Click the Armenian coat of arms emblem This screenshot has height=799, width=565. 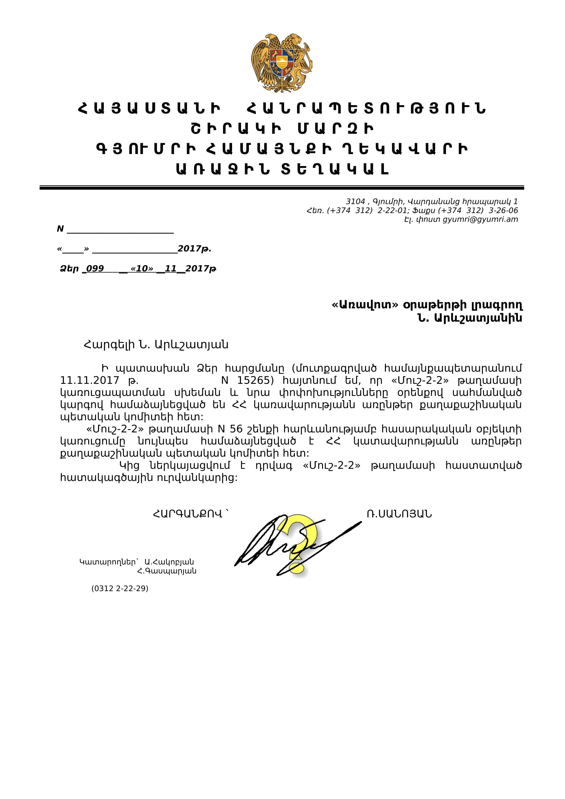tap(282, 63)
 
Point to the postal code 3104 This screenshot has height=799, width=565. tap(355, 202)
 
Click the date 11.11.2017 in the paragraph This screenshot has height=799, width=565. tap(90, 380)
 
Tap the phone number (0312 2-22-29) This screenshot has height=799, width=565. tap(120, 588)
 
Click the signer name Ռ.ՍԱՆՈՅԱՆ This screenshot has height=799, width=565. tap(399, 514)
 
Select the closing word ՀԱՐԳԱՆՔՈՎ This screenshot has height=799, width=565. tap(188, 514)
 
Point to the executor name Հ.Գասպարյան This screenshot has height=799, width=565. tap(167, 571)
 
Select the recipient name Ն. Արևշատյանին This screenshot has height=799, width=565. tap(470, 318)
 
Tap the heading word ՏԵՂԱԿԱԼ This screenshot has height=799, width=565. tap(335, 169)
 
